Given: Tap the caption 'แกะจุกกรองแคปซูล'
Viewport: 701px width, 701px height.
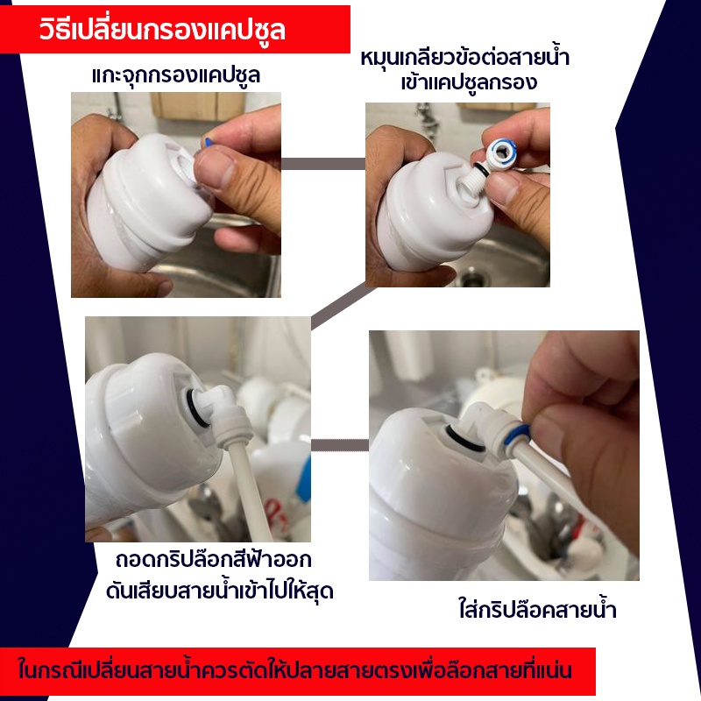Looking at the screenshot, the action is click(176, 75).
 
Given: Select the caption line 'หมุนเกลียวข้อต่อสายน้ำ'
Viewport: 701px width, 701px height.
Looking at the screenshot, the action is click(465, 58).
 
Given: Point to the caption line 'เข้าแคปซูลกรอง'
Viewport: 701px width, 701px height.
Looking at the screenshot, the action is click(469, 82).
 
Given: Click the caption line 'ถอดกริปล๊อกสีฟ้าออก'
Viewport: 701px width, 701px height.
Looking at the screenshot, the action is click(213, 560).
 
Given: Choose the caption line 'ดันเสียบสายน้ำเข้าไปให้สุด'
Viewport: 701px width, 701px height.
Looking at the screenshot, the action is click(220, 591).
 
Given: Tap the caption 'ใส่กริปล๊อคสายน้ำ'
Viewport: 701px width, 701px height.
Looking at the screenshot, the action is click(537, 609).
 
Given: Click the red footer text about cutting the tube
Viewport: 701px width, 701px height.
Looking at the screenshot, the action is click(295, 670).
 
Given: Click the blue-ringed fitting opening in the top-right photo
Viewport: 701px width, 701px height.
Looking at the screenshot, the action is click(503, 152).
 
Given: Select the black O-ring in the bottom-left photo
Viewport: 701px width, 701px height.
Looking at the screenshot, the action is click(195, 407).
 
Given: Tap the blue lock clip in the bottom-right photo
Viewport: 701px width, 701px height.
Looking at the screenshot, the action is click(516, 435).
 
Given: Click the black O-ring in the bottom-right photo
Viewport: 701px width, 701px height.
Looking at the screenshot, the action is click(465, 441).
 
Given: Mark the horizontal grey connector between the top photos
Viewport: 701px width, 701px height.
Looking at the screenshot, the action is click(323, 164).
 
